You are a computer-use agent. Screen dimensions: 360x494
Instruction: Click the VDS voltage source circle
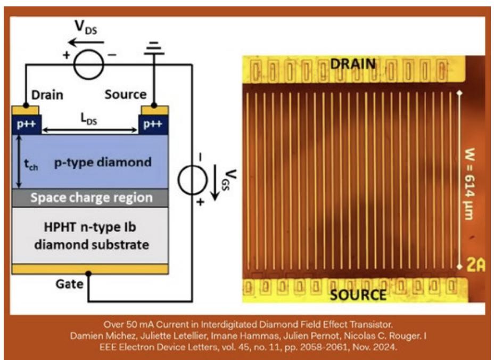click(88, 64)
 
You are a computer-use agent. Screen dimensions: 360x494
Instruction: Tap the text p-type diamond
click(103, 162)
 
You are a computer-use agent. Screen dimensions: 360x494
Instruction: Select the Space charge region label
click(91, 198)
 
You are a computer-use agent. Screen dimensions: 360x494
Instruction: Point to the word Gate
click(69, 284)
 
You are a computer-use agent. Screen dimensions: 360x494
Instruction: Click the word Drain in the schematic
click(47, 95)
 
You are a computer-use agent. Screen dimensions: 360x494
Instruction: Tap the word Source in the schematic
click(126, 95)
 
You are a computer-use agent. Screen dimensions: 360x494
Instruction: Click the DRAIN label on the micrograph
click(353, 64)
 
